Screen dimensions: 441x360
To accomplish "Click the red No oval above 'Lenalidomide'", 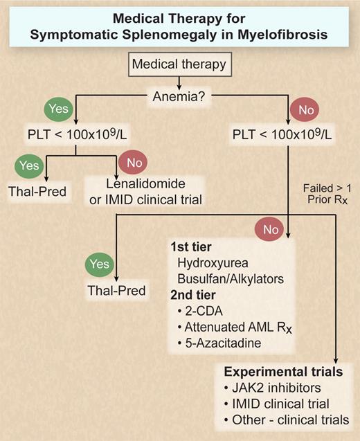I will (x=132, y=163).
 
